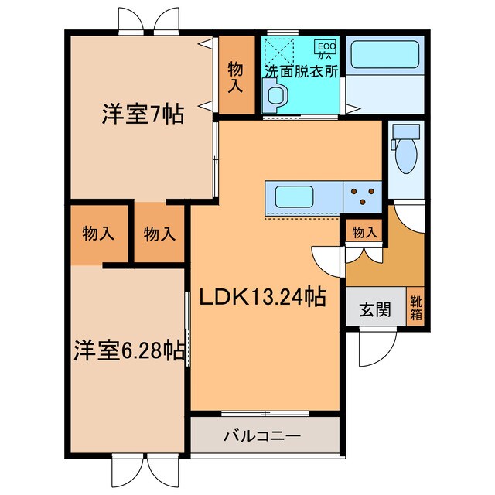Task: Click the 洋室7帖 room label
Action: (x=142, y=115)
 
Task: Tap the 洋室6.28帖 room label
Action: (x=129, y=350)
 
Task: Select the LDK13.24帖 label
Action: (x=262, y=295)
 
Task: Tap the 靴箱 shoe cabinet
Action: (x=416, y=308)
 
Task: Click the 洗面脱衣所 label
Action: (x=302, y=70)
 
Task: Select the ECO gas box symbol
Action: (x=326, y=49)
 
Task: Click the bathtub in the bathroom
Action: (x=384, y=56)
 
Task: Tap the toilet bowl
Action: (x=405, y=157)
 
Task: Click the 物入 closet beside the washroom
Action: (x=234, y=77)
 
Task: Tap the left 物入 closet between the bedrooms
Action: (x=99, y=233)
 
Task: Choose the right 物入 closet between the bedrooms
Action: (x=159, y=233)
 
